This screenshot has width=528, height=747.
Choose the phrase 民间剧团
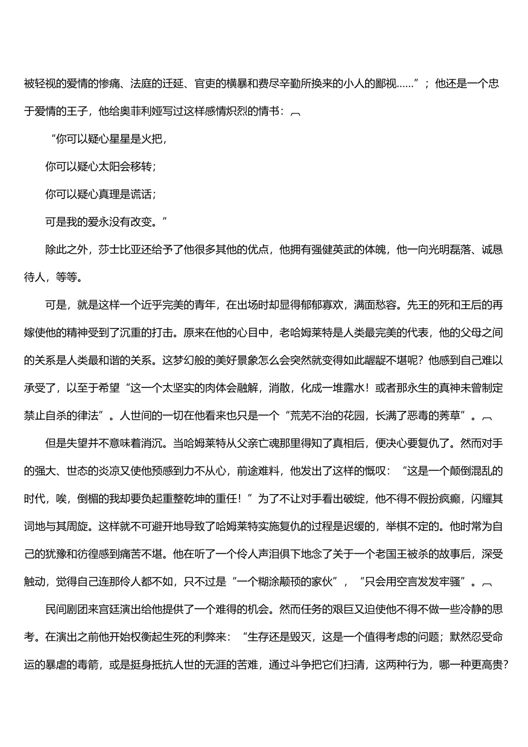(x=66, y=609)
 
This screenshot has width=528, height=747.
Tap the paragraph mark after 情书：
(x=296, y=113)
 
